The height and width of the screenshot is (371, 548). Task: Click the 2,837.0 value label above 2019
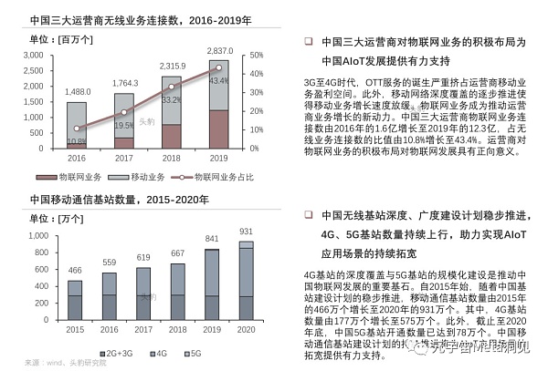[x=219, y=50]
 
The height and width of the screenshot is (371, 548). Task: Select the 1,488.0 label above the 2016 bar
[x=77, y=92]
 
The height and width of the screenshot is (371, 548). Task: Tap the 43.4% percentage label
[x=219, y=81]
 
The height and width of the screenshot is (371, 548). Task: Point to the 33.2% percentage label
[x=171, y=99]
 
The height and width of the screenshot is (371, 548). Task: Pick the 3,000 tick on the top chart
[x=33, y=57]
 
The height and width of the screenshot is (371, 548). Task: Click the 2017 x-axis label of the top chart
[x=124, y=158]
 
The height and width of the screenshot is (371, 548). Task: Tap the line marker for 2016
[x=77, y=129]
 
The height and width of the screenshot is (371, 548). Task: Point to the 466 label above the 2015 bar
[x=75, y=271]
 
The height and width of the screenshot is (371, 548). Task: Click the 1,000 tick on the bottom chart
[x=35, y=236]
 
